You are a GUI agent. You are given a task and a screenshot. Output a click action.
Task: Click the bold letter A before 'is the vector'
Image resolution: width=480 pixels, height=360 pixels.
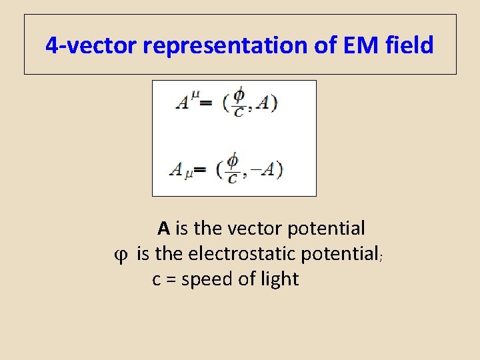[x=164, y=229]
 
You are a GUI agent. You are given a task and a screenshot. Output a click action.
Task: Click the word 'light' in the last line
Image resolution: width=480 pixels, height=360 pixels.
[x=279, y=279]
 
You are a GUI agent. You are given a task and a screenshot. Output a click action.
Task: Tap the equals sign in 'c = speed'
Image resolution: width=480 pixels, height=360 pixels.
[x=169, y=279]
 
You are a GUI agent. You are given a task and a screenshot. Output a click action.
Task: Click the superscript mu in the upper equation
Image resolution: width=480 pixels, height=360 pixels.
[x=195, y=98]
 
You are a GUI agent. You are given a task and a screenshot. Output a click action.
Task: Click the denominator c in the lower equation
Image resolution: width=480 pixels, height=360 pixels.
[x=232, y=178]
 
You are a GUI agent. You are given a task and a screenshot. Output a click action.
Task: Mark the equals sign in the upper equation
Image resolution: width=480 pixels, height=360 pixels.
[x=207, y=103]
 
